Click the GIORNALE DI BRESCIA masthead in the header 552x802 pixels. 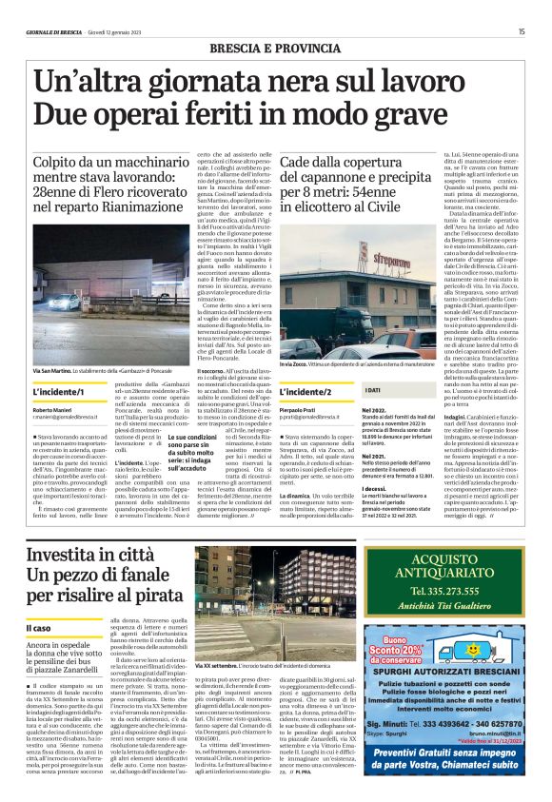49,31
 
